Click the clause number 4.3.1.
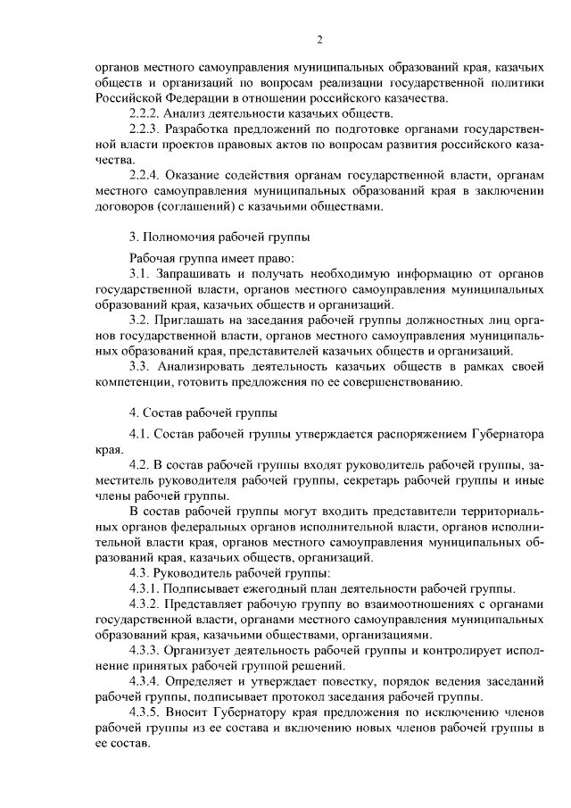pos(148,587)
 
